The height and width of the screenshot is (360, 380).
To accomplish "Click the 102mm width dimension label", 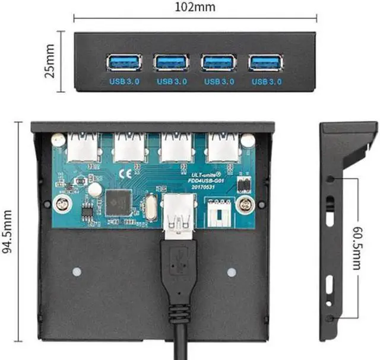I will (x=195, y=8).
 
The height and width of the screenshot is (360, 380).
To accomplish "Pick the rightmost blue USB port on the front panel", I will (x=266, y=62).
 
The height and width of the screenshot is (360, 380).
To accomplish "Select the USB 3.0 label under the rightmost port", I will (x=266, y=81).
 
